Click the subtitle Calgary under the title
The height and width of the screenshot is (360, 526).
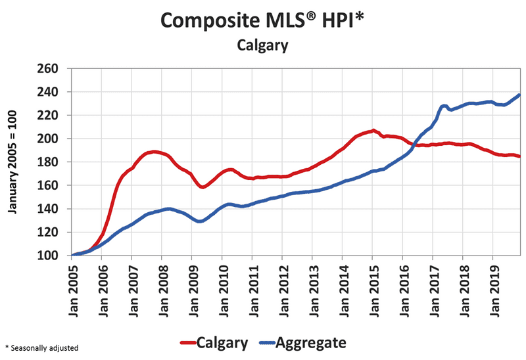262,46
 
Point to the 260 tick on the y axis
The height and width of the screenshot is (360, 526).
49,69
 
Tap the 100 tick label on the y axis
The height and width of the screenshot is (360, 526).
49,256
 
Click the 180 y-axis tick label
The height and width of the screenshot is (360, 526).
49,162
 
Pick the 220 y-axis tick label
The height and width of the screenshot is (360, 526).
49,116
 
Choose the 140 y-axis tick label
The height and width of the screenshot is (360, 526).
49,209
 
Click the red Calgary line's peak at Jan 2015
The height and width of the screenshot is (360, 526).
373,130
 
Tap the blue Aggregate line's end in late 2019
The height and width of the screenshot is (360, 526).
519,95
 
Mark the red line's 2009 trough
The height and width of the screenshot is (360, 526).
203,187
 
